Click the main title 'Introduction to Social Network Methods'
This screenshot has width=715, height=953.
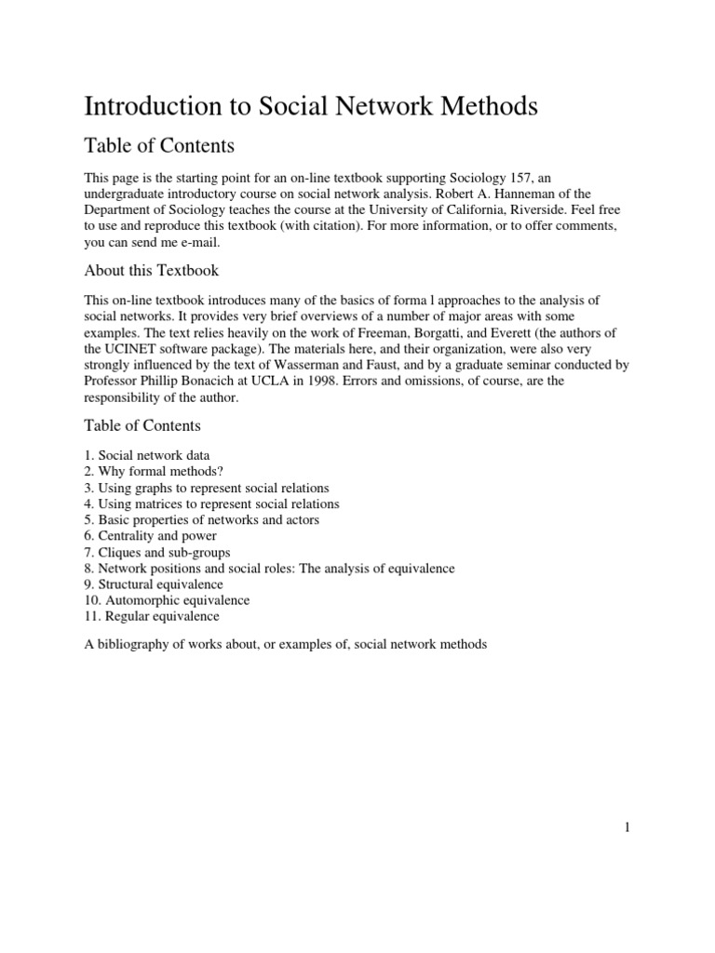311,107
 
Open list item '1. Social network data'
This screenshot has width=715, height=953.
147,456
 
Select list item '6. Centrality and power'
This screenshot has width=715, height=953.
151,536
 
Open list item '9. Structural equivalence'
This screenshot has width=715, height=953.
154,584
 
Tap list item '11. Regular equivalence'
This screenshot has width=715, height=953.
152,616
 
